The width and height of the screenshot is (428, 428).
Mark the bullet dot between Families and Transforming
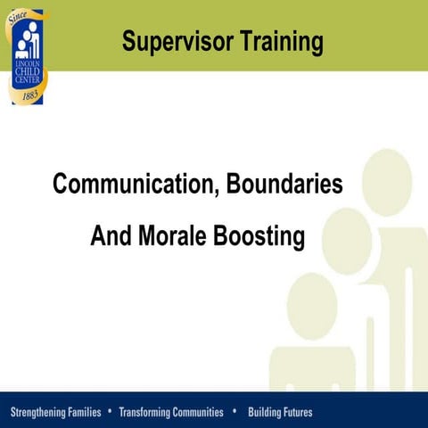(x=110, y=412)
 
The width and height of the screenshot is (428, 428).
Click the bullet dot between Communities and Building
(x=234, y=412)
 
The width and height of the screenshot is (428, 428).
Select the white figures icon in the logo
(x=27, y=45)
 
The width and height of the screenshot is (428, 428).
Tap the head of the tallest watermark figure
(x=387, y=183)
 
